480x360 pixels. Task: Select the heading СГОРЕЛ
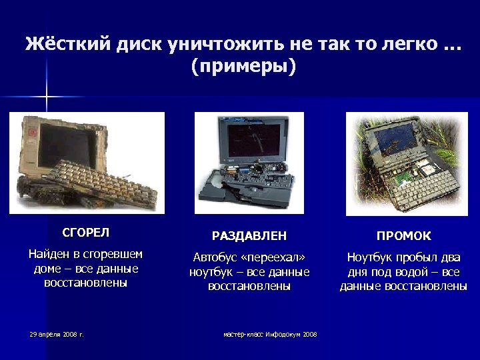pos(85,233)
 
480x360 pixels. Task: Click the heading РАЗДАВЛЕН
pos(249,236)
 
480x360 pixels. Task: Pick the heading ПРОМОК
pos(403,236)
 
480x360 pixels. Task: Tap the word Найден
pos(52,254)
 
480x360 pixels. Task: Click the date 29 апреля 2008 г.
pos(57,334)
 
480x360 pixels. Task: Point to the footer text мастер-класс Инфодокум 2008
pos(270,334)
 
